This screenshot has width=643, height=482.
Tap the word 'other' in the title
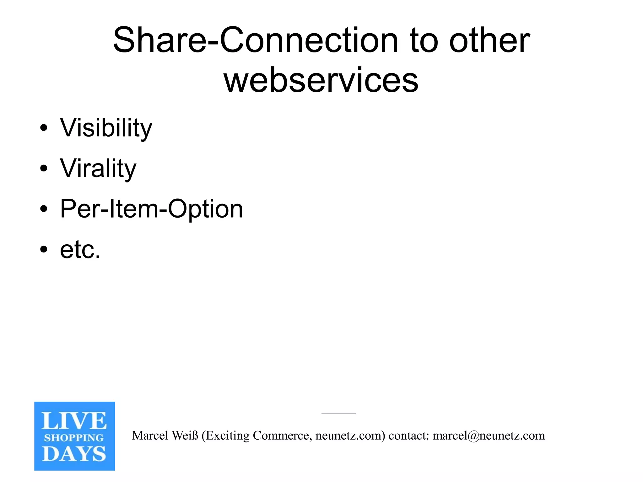point(489,41)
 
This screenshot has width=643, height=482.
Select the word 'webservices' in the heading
point(321,80)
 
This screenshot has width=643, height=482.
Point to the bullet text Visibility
point(106,128)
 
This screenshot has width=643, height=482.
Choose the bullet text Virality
point(98,169)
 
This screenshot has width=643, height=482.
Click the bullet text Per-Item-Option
point(151,209)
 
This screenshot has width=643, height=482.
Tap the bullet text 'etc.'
point(80,250)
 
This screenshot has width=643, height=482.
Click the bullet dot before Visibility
point(44,128)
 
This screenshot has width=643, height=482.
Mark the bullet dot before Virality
point(44,169)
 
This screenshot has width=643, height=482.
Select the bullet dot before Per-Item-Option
point(44,209)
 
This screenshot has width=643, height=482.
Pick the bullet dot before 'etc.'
point(44,250)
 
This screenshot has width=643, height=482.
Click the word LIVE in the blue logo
point(74,421)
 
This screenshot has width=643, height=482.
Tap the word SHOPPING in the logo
point(74,438)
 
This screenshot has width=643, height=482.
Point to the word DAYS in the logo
point(74,454)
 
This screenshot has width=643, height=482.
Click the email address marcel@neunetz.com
point(489,436)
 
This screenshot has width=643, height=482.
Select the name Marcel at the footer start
point(150,436)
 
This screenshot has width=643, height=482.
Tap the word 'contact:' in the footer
point(409,436)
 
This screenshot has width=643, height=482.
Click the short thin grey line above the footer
point(338,413)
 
